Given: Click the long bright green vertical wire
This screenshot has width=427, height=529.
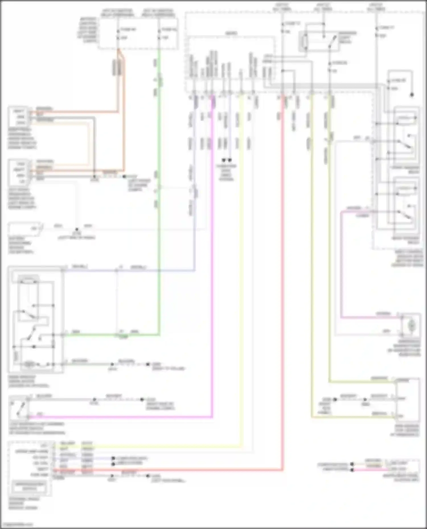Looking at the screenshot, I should [x=159, y=227].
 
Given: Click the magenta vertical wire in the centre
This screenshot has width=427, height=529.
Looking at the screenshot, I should [x=212, y=284].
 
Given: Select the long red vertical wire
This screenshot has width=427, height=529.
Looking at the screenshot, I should [x=283, y=284].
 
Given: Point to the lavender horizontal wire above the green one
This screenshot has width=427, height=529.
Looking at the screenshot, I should [x=128, y=270].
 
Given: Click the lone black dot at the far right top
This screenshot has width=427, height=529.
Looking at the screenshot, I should [x=412, y=95].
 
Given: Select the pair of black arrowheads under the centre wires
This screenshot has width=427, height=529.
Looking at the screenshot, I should [x=227, y=160].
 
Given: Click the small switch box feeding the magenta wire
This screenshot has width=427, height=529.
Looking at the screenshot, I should [x=19, y=408].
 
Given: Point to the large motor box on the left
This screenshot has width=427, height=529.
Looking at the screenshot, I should [x=36, y=320].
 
